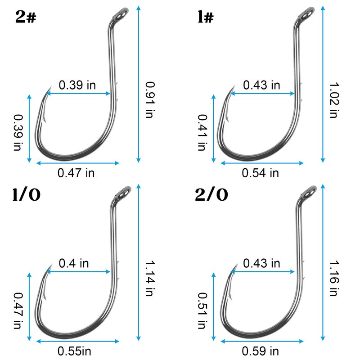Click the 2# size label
click(x=26, y=17)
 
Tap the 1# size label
click(x=206, y=17)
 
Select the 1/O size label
click(x=27, y=195)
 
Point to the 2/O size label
click(x=211, y=195)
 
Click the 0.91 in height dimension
click(x=150, y=100)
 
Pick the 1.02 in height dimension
click(x=334, y=100)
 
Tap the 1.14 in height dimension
click(x=150, y=278)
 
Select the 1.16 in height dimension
click(x=334, y=278)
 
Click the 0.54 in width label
click(x=261, y=173)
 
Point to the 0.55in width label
click(x=74, y=351)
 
